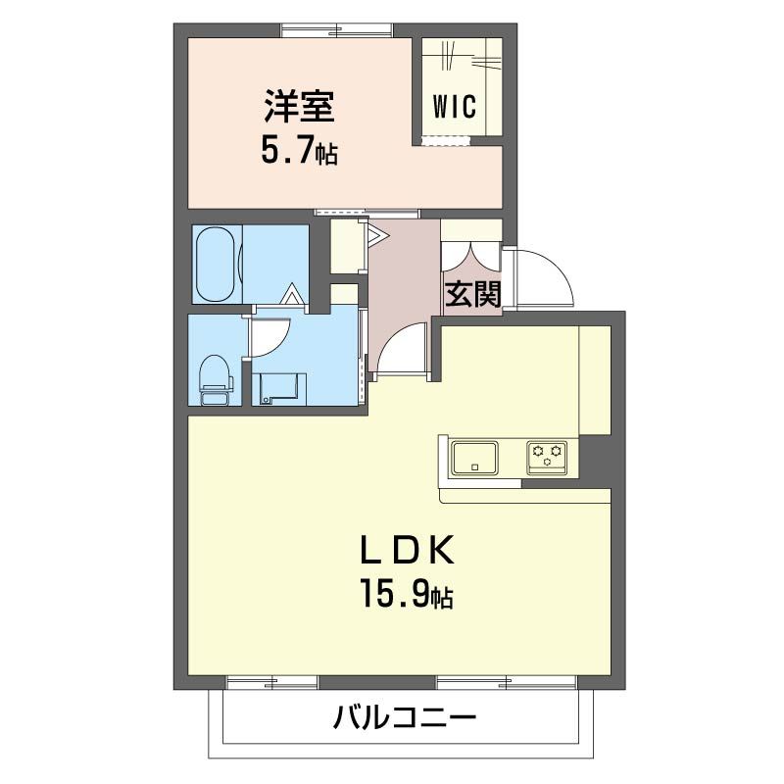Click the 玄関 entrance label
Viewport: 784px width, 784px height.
[x=473, y=294]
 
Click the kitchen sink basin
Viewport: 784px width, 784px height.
[x=473, y=458]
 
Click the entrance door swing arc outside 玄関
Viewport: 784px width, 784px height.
[x=541, y=274]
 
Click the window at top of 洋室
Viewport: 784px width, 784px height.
[x=337, y=29]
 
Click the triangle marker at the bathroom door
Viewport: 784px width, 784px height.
[x=291, y=293]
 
